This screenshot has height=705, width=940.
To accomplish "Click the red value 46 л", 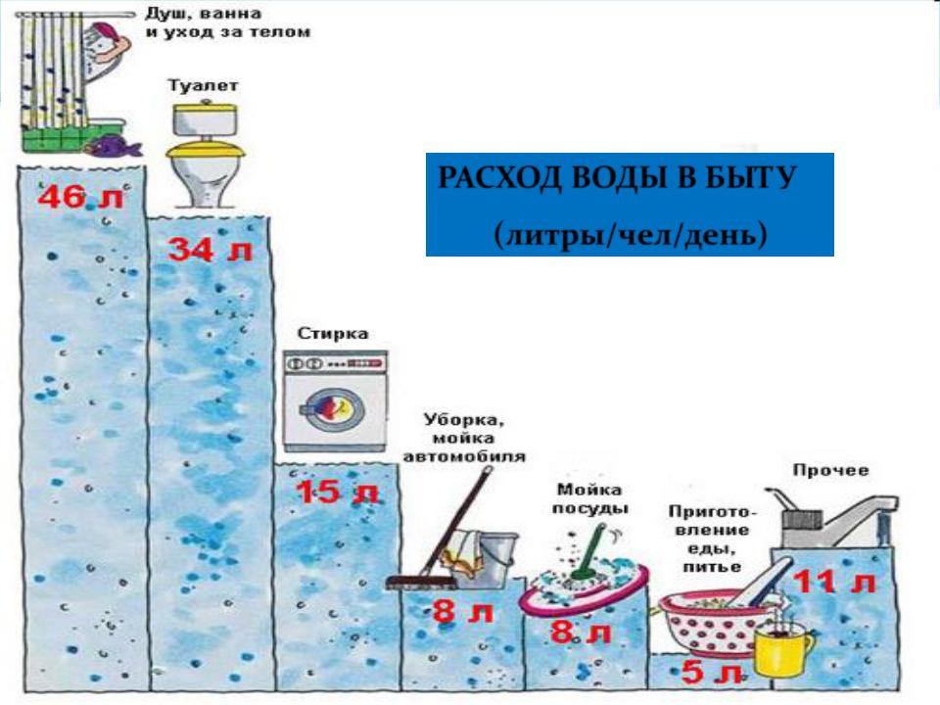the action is pyautogui.click(x=79, y=197).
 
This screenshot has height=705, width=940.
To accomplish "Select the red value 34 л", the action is pyautogui.click(x=210, y=249).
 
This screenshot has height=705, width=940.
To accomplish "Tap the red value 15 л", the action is pyautogui.click(x=338, y=493).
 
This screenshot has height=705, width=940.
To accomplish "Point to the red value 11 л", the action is pyautogui.click(x=834, y=582).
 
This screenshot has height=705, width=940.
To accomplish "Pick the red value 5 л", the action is pyautogui.click(x=712, y=672).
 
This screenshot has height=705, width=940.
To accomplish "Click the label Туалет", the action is pyautogui.click(x=203, y=85).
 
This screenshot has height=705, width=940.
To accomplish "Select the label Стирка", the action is pyautogui.click(x=333, y=333).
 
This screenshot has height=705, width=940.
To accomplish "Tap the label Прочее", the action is pyautogui.click(x=831, y=470).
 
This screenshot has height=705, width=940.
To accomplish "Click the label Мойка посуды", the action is pyautogui.click(x=589, y=498).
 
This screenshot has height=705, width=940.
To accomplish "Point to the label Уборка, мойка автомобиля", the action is pyautogui.click(x=464, y=439).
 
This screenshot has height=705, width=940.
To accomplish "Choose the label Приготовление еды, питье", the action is pyautogui.click(x=712, y=539).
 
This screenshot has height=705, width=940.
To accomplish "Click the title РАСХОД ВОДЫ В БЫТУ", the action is pyautogui.click(x=618, y=177).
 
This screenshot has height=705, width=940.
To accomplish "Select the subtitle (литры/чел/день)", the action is pyautogui.click(x=631, y=234).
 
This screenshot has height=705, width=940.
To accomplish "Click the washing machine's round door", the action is pyautogui.click(x=330, y=410).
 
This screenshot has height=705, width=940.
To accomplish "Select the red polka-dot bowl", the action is pyautogui.click(x=707, y=624).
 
